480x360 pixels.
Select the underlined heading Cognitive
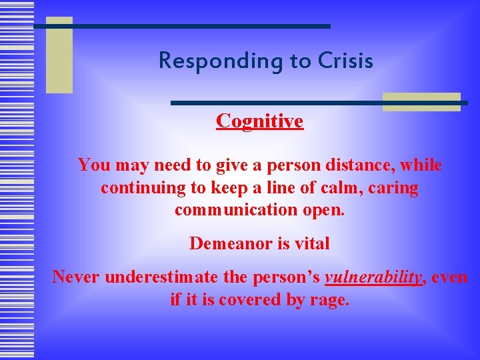point(259,121)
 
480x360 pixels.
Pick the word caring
point(393,188)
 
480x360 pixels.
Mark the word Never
point(76,277)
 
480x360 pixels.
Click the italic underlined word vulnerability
point(373,277)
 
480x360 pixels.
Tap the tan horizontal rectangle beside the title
point(421,101)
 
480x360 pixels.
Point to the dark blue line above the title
point(183,26)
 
